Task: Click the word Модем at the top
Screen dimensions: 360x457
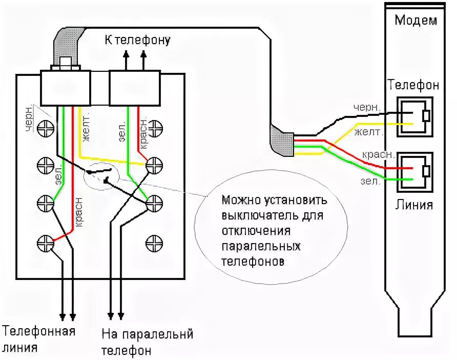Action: coord(416,21)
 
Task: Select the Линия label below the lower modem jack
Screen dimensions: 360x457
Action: coord(414,205)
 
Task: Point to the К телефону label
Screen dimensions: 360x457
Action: coord(137,40)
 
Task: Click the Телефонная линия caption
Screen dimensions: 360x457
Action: coord(39,338)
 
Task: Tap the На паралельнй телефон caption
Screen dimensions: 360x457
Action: coord(147,343)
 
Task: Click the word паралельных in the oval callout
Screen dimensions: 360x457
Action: coord(261,247)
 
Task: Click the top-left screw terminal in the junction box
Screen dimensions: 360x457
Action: coord(46,127)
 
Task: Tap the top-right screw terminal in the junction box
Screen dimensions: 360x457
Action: coord(154,127)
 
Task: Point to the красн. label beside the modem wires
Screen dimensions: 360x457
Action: coord(378,154)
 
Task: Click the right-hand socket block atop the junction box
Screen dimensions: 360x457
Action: coord(135,88)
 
